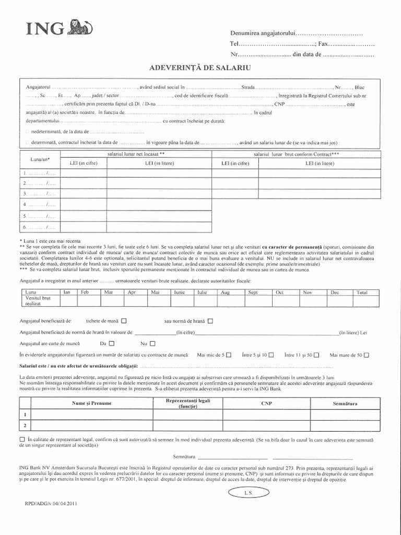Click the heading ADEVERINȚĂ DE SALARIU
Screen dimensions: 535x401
click(x=200, y=67)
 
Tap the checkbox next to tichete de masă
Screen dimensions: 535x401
click(x=124, y=321)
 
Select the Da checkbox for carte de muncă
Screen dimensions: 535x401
click(x=111, y=344)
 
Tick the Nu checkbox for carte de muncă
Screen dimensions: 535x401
click(x=152, y=344)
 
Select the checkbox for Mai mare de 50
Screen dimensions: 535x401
click(x=366, y=355)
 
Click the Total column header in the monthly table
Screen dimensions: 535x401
click(x=362, y=292)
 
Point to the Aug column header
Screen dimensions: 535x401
click(x=226, y=292)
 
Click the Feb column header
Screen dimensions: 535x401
click(x=85, y=292)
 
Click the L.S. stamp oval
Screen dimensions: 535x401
click(x=248, y=493)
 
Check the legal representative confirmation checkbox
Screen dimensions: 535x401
click(x=21, y=439)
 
